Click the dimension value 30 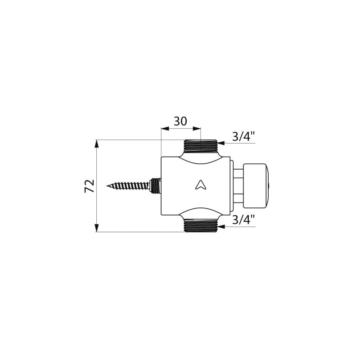click(180, 121)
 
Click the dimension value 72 click(89, 186)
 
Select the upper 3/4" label click(243, 137)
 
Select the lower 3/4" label click(243, 220)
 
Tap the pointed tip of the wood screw click(107, 186)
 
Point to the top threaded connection click(200, 146)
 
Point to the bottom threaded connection click(200, 226)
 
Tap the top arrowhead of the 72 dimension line click(97, 144)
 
